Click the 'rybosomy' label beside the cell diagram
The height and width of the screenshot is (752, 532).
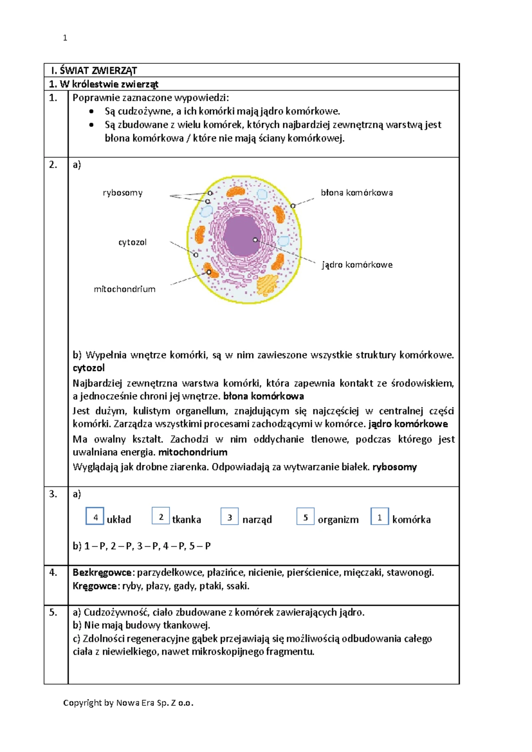point(122,193)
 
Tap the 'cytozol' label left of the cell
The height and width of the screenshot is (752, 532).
point(132,242)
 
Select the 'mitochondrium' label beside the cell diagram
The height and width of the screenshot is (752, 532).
point(125,289)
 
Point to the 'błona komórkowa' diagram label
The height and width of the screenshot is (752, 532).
point(356,193)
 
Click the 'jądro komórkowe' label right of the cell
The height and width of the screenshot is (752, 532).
point(357,265)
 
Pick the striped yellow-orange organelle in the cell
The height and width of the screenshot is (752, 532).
point(267,285)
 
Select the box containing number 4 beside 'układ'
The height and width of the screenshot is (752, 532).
point(95,517)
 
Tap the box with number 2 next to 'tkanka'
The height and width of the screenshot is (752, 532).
point(160,516)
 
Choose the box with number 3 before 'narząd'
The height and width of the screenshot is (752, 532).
point(230,517)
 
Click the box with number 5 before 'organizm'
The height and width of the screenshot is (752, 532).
point(305,517)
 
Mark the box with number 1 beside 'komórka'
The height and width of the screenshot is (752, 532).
point(379,517)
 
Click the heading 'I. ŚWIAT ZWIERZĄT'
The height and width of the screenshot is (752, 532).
point(94,70)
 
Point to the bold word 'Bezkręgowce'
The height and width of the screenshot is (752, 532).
point(102,572)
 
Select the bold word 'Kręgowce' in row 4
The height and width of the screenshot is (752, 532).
point(95,586)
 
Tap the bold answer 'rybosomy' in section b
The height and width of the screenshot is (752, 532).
point(395,467)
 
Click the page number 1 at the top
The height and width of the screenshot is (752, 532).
point(65,38)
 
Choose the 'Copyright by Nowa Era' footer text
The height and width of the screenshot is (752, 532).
point(128,703)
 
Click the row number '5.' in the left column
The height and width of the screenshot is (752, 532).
point(53,612)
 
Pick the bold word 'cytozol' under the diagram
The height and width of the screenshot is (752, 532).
point(89,368)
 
